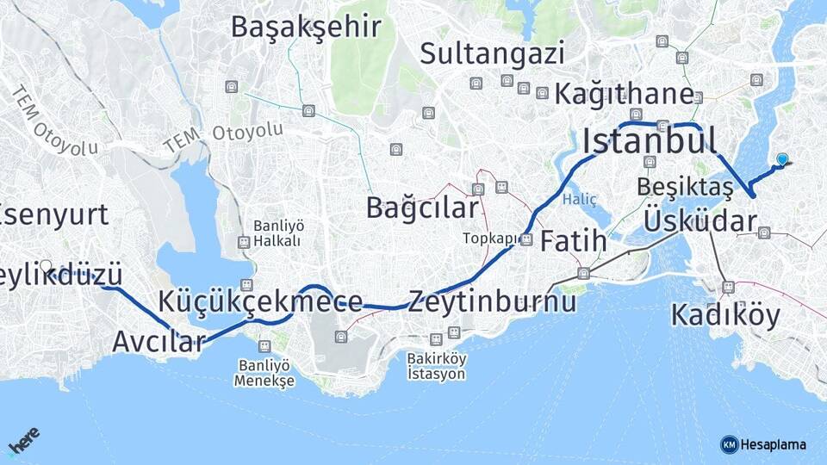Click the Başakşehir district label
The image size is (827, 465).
pos(306,28)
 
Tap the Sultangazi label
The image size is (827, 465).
pos(492,53)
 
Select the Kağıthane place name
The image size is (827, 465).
pos(624,94)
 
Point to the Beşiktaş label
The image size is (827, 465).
pos(686,187)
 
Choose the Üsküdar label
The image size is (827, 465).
pos(700,220)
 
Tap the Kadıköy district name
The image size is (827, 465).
pos(725,315)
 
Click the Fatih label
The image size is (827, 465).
pos(573,242)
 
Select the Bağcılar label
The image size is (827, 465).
pos(421,208)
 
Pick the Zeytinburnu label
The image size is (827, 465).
pos(493,302)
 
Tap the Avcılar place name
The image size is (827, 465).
pos(158,341)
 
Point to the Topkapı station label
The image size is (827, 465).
pos(488,239)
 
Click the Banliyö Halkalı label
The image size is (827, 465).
pos(277,233)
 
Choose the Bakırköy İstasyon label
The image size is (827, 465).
pos(437,366)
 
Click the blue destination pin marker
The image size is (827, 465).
pos(782,159)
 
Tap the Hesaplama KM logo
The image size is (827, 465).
pos(763,444)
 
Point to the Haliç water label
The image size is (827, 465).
pos(579,199)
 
